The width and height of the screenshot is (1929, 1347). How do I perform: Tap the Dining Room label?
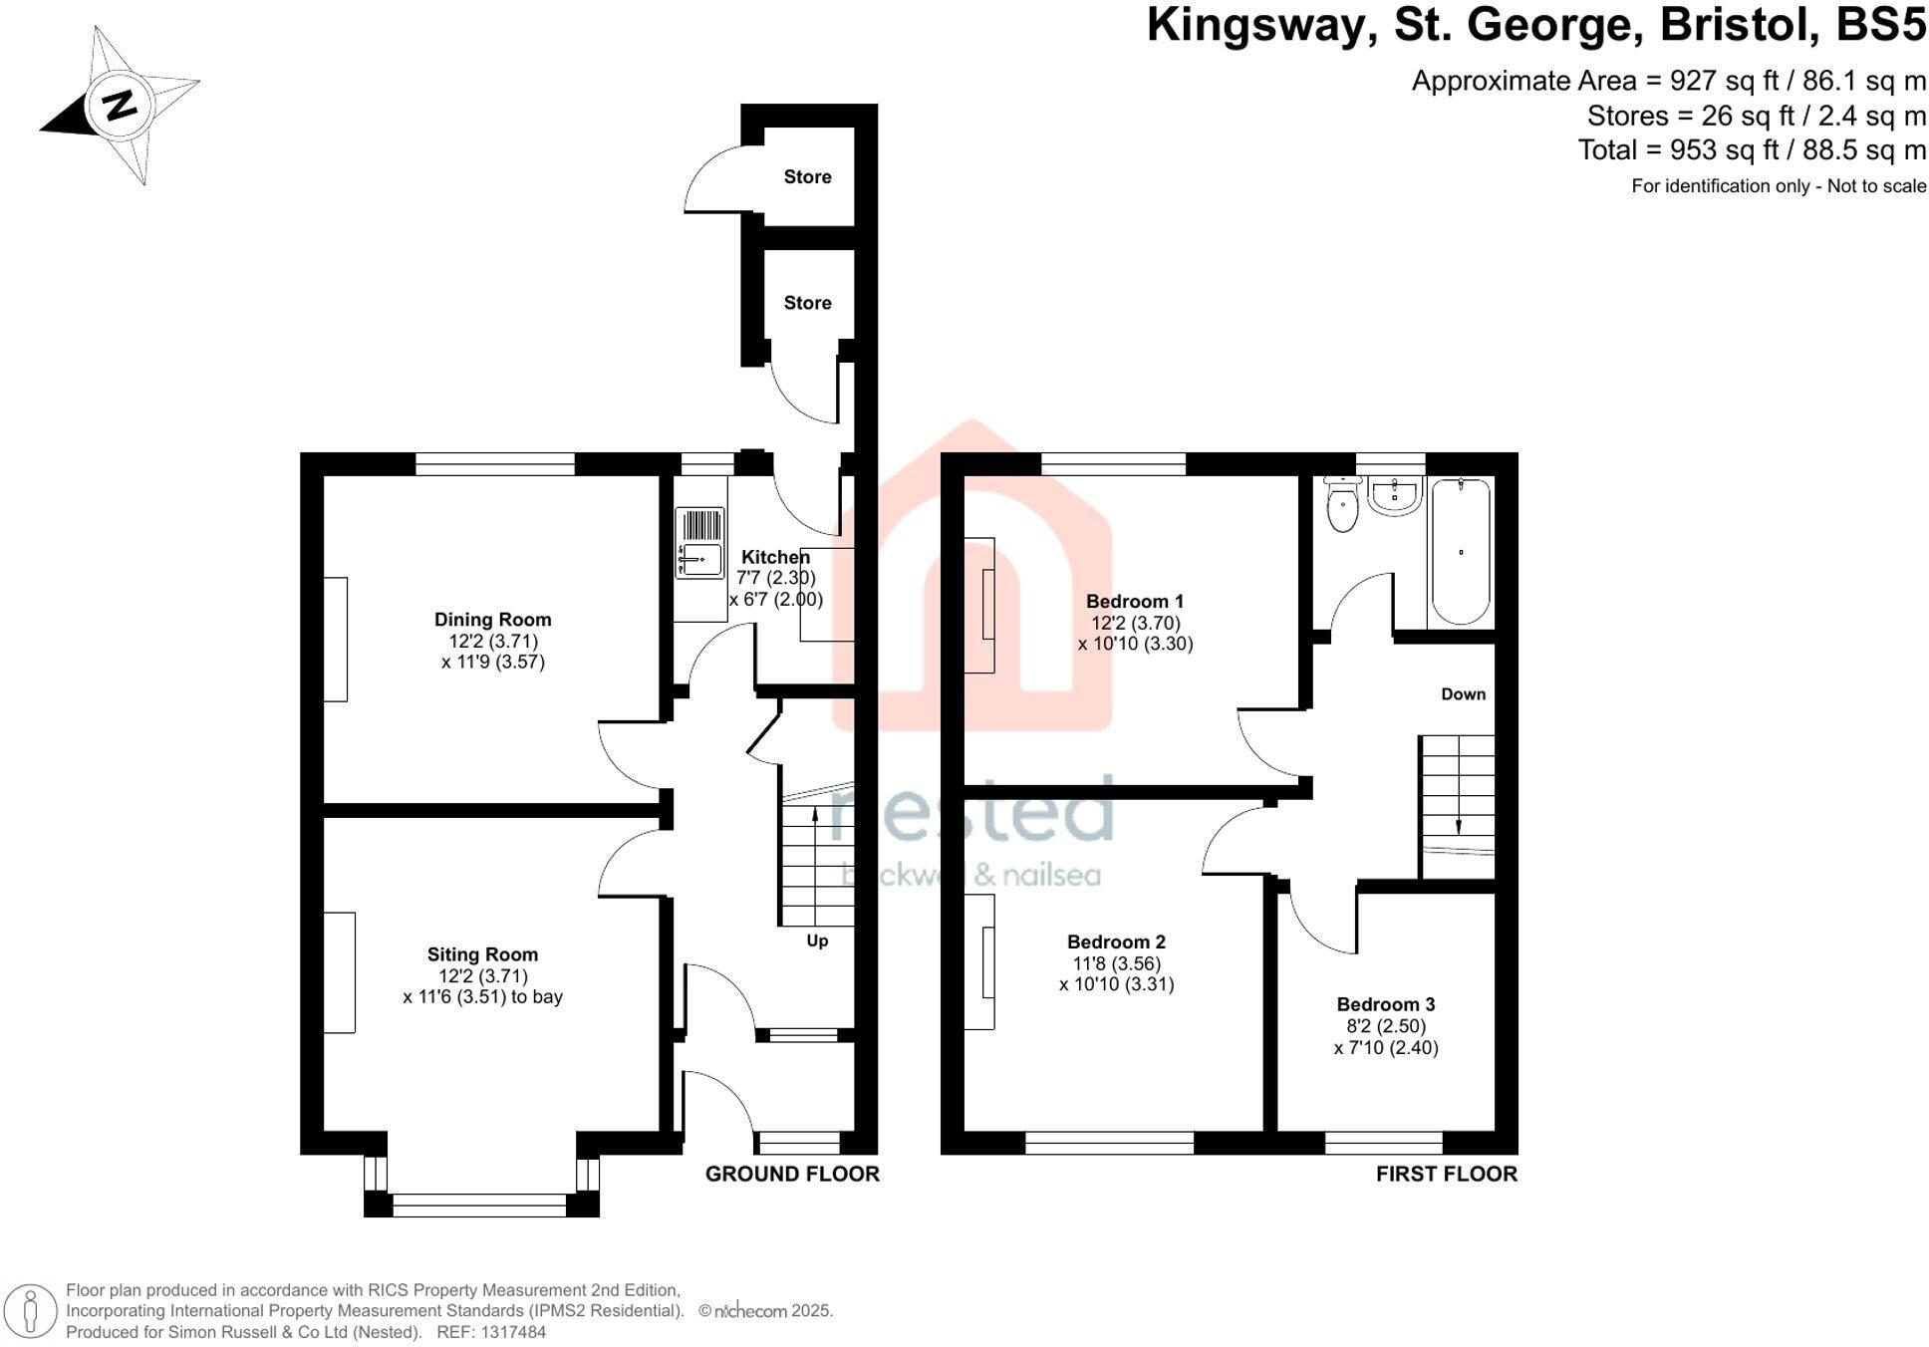(x=492, y=620)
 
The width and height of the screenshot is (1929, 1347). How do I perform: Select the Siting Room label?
(x=482, y=954)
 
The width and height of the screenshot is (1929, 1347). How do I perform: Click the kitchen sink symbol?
(x=699, y=544)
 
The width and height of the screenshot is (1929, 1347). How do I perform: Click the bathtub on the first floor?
(x=1461, y=552)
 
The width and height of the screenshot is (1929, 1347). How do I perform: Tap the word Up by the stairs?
(x=817, y=941)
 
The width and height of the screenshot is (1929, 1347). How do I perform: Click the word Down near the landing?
(x=1463, y=694)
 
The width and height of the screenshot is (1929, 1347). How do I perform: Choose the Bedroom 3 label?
(x=1386, y=1004)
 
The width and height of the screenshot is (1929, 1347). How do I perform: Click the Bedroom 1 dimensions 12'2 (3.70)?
(x=1135, y=623)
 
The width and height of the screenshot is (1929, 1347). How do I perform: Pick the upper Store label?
(x=807, y=177)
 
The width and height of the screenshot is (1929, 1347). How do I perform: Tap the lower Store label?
(x=807, y=303)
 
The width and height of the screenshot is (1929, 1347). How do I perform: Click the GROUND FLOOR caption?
(x=792, y=1174)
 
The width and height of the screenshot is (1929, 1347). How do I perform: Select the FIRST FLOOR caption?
(x=1446, y=1174)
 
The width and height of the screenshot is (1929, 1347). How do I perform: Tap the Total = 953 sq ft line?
(x=1751, y=150)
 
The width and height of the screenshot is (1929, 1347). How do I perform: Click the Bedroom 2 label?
(x=1116, y=943)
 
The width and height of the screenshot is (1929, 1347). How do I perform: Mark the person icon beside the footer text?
(x=31, y=1311)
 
